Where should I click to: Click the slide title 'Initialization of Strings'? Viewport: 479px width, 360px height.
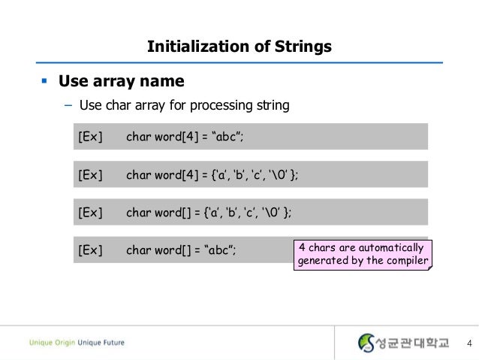point(239,47)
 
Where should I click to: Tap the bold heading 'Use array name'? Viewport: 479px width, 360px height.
point(121,80)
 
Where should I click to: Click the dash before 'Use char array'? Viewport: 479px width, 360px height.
point(68,105)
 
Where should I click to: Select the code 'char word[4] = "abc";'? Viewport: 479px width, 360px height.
point(185,137)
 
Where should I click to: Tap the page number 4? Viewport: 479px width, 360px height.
point(468,343)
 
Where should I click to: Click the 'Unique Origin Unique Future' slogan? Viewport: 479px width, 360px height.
point(77,343)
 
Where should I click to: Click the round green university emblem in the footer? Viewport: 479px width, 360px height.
point(366,343)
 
